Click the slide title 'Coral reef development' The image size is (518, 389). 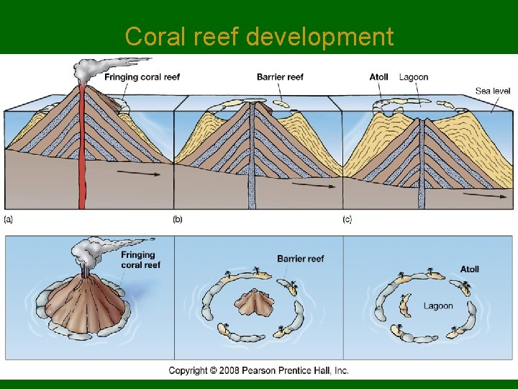point(259,36)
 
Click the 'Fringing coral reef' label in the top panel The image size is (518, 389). point(142,77)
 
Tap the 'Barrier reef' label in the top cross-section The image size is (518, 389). point(280,77)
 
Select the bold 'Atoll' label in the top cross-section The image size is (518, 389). point(378,77)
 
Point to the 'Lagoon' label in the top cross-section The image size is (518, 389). point(414,77)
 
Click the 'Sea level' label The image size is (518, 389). point(493,91)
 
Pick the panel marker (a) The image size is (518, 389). point(9,219)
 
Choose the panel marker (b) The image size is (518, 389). point(178,219)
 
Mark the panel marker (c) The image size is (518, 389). point(347,219)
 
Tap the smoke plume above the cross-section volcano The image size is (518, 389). point(90,66)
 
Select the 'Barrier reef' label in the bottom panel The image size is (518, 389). point(300,259)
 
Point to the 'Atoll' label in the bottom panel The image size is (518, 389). point(469,269)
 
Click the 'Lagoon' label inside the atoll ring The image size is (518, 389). point(438,306)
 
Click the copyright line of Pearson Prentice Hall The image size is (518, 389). point(259,370)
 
